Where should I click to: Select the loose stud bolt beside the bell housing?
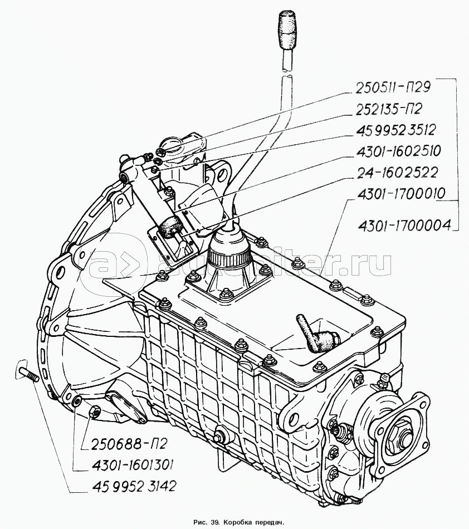coord(27,373)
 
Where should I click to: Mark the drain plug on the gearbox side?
coord(219,437)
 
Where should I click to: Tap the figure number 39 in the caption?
coord(213,522)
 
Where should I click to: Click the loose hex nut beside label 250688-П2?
coord(95,412)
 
